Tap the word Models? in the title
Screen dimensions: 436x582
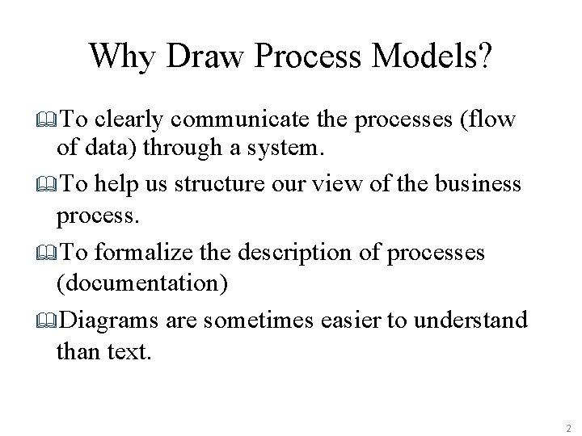click(x=436, y=56)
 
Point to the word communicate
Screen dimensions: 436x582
click(x=242, y=120)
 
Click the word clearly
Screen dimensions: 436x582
click(x=129, y=120)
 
